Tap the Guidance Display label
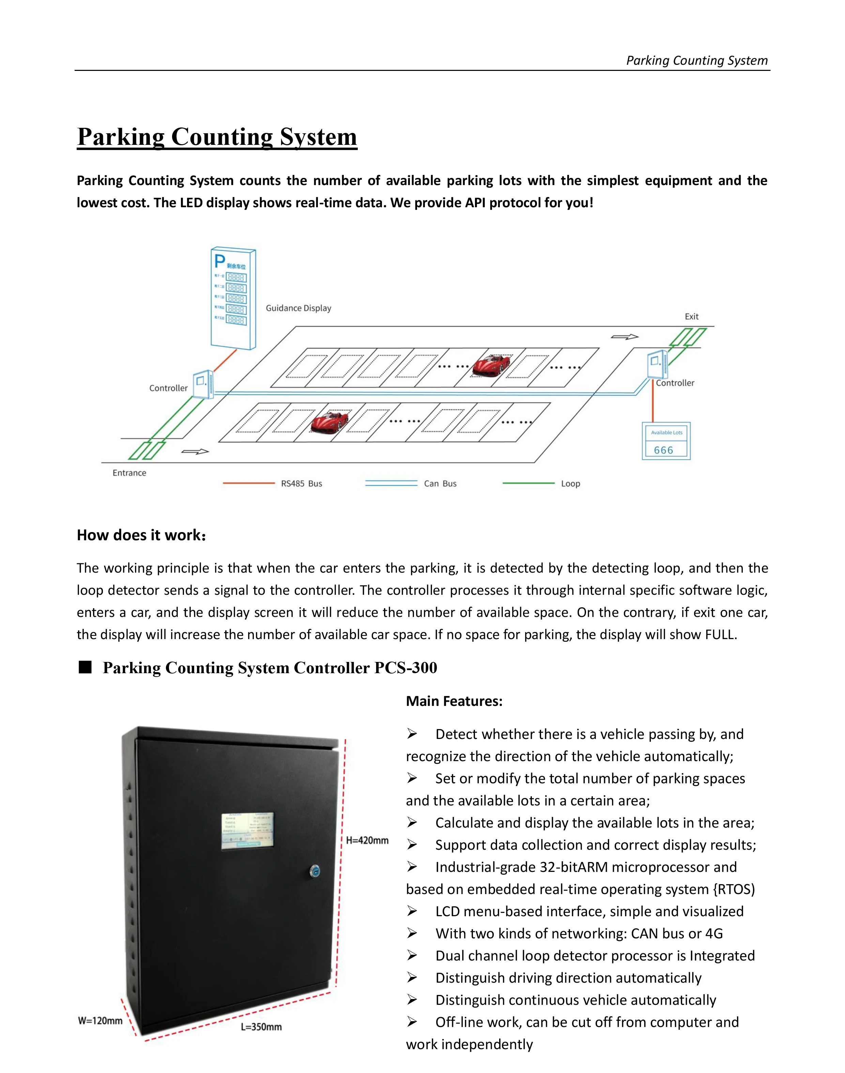tap(298, 308)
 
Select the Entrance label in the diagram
tap(129, 473)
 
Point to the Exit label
tap(691, 316)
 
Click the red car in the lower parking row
tap(329, 422)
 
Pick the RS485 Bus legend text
tap(301, 484)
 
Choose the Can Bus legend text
tap(440, 484)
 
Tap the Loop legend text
tap(570, 484)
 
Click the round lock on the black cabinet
tap(314, 871)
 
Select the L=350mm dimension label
tap(261, 1027)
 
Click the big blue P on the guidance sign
tap(219, 261)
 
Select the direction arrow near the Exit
tap(624, 337)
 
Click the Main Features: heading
tap(454, 701)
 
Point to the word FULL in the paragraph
tap(720, 635)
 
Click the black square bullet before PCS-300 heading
tap(86, 667)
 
